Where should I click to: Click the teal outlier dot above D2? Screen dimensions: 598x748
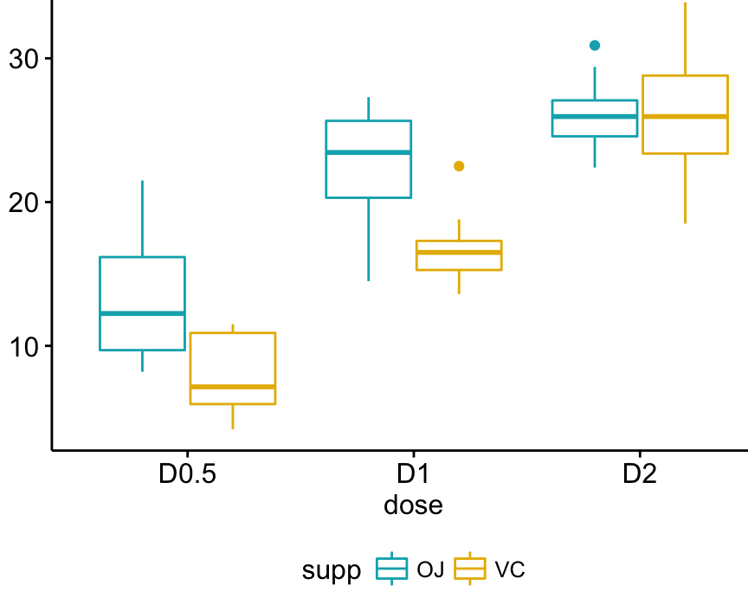[x=595, y=45]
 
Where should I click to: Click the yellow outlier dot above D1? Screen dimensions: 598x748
[x=459, y=166]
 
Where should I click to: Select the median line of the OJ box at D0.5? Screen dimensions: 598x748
[x=142, y=313]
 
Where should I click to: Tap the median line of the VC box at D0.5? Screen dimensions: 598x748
[x=233, y=387]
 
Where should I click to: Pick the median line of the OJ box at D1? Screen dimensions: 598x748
[x=368, y=152]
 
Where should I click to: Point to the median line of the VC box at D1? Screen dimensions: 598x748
[x=459, y=253]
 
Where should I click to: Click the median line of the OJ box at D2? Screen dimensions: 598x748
[x=595, y=117]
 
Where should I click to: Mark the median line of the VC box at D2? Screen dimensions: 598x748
[x=685, y=116]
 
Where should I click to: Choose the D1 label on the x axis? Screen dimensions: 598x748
[x=413, y=475]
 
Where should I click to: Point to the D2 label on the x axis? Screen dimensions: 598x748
[x=640, y=475]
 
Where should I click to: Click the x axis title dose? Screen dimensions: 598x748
[x=413, y=505]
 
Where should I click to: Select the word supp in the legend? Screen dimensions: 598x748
[x=332, y=569]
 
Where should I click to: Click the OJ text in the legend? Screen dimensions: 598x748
[x=430, y=569]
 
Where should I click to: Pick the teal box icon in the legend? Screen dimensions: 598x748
[x=392, y=569]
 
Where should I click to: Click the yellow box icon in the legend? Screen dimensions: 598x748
[x=470, y=569]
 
